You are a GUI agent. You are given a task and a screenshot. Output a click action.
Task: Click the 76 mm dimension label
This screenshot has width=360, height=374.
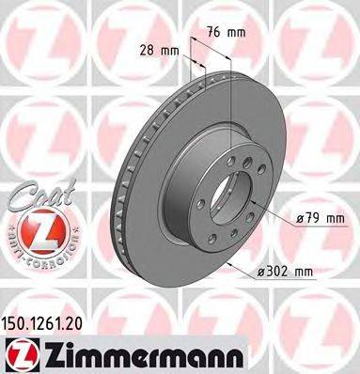pyautogui.click(x=227, y=32)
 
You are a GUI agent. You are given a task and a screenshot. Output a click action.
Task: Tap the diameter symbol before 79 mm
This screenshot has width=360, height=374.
pyautogui.click(x=298, y=220)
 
